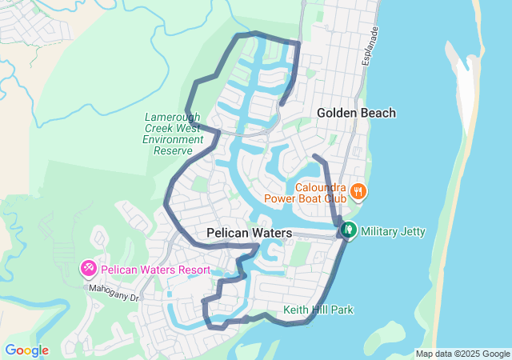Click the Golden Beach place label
(356, 113)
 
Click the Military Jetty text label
(393, 232)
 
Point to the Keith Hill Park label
(318, 310)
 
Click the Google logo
(26, 350)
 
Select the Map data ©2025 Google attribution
(462, 354)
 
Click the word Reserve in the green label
(174, 150)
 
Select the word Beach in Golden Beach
(378, 113)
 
